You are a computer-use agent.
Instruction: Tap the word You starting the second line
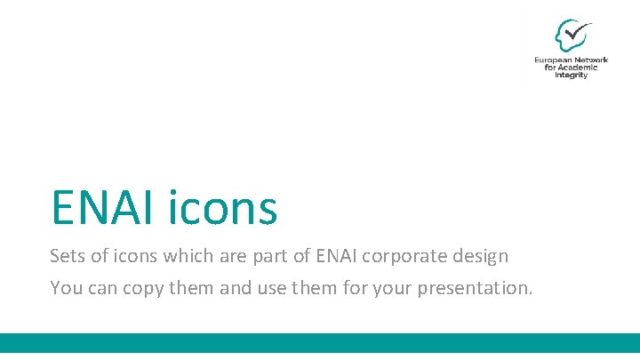66,288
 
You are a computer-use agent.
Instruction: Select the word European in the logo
554,60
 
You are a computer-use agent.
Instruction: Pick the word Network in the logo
592,60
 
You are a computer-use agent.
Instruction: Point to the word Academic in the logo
583,68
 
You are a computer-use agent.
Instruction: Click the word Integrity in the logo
572,76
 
